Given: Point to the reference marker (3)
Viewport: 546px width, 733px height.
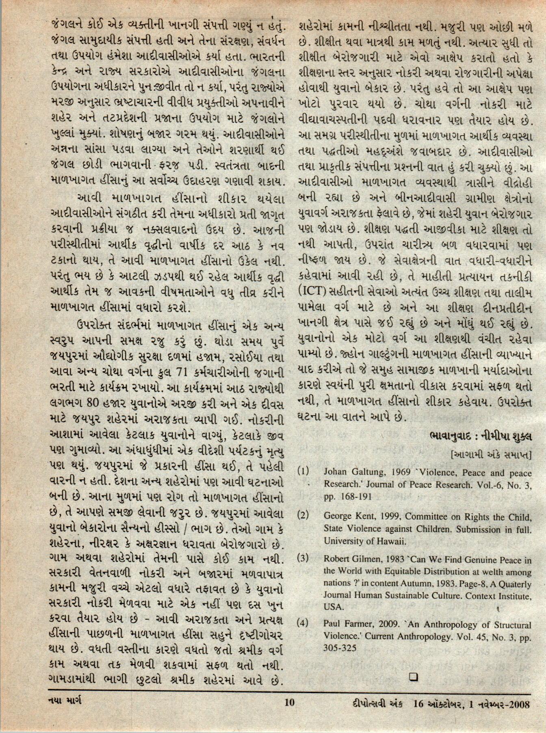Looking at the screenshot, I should [x=303, y=558].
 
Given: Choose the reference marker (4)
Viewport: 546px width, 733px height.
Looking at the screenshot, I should [x=303, y=622].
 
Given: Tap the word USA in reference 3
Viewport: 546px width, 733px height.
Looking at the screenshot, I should [x=334, y=607].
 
